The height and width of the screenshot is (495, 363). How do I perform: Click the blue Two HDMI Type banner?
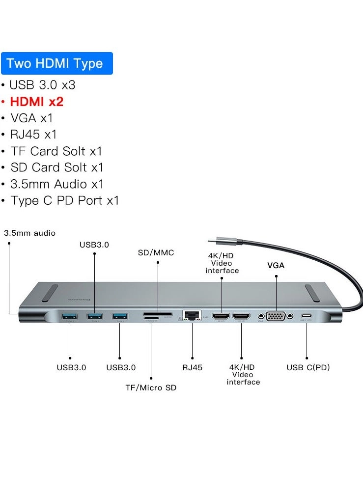coord(57,63)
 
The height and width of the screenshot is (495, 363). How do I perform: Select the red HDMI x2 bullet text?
coord(36,101)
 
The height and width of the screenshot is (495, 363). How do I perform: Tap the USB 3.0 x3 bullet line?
coord(42,84)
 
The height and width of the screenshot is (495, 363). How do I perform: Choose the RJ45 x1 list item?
coord(33,134)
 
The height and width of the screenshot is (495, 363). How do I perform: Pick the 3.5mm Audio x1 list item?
coord(57,184)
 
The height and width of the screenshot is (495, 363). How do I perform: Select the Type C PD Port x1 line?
coord(64,200)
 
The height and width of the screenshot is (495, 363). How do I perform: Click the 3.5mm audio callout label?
coord(30,233)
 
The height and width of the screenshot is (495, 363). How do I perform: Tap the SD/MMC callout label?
coord(156,253)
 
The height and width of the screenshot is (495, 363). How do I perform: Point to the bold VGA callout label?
coord(276,266)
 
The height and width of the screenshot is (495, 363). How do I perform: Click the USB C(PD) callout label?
coord(307,367)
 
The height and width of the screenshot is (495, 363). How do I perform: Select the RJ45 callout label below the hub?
coord(192,367)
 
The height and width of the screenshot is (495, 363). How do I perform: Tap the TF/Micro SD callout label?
coord(151,387)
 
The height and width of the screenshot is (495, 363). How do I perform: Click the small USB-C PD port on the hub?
coord(307,316)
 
